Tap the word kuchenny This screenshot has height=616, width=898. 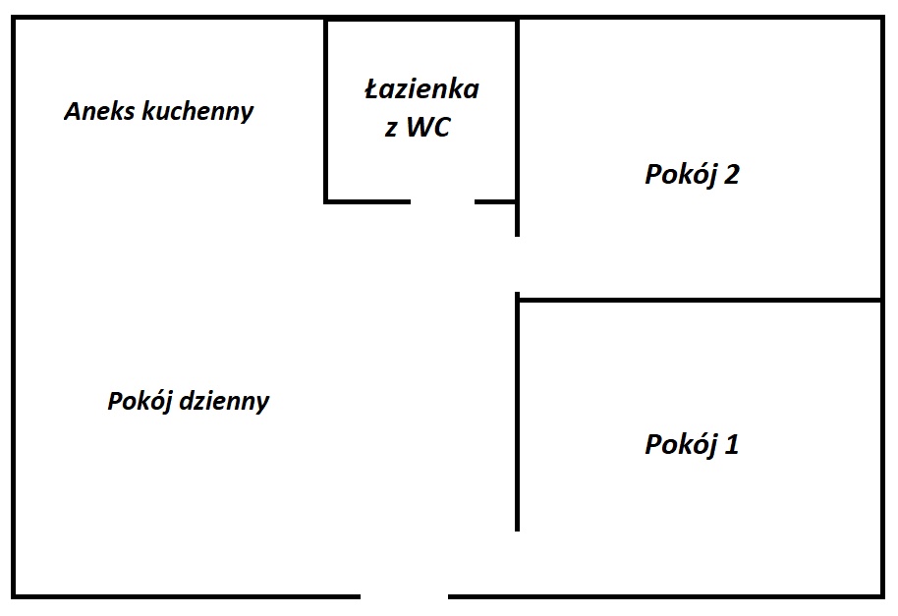click(197, 112)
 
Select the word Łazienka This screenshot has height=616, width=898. click(422, 89)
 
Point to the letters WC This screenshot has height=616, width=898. click(428, 127)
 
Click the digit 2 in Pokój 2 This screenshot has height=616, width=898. click(731, 174)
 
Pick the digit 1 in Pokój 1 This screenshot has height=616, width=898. click(732, 444)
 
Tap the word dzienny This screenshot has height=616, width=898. click(224, 401)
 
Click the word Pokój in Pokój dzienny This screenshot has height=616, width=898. click(140, 401)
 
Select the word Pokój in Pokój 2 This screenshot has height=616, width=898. click(681, 174)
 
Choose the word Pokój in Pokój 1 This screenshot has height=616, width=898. click(681, 444)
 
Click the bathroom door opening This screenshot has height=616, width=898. click(443, 201)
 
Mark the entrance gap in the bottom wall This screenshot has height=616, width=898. click(405, 596)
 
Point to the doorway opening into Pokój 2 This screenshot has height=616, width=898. click(517, 264)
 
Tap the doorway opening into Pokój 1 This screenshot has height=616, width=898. click(517, 563)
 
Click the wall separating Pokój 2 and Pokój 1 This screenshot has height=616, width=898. click(699, 300)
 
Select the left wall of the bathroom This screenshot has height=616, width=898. click(326, 111)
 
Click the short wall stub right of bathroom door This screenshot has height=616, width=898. click(496, 201)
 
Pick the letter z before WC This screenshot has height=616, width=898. click(391, 130)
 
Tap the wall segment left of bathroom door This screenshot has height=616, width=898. click(368, 201)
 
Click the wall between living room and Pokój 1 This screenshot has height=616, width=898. click(517, 413)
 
